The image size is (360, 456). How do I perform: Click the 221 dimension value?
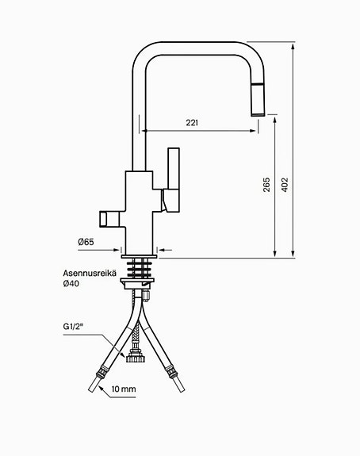[x=193, y=122]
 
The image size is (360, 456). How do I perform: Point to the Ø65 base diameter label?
[x=86, y=241]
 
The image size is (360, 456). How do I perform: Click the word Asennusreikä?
[x=90, y=272]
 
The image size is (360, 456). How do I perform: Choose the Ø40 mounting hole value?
[x=73, y=283]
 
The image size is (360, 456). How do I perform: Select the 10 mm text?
[x=124, y=389]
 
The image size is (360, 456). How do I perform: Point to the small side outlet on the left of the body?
[x=108, y=217]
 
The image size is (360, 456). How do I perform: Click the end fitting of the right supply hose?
[x=171, y=370]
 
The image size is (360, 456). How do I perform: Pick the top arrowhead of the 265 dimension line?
[x=274, y=117]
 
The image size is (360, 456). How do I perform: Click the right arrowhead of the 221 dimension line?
[x=255, y=129]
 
